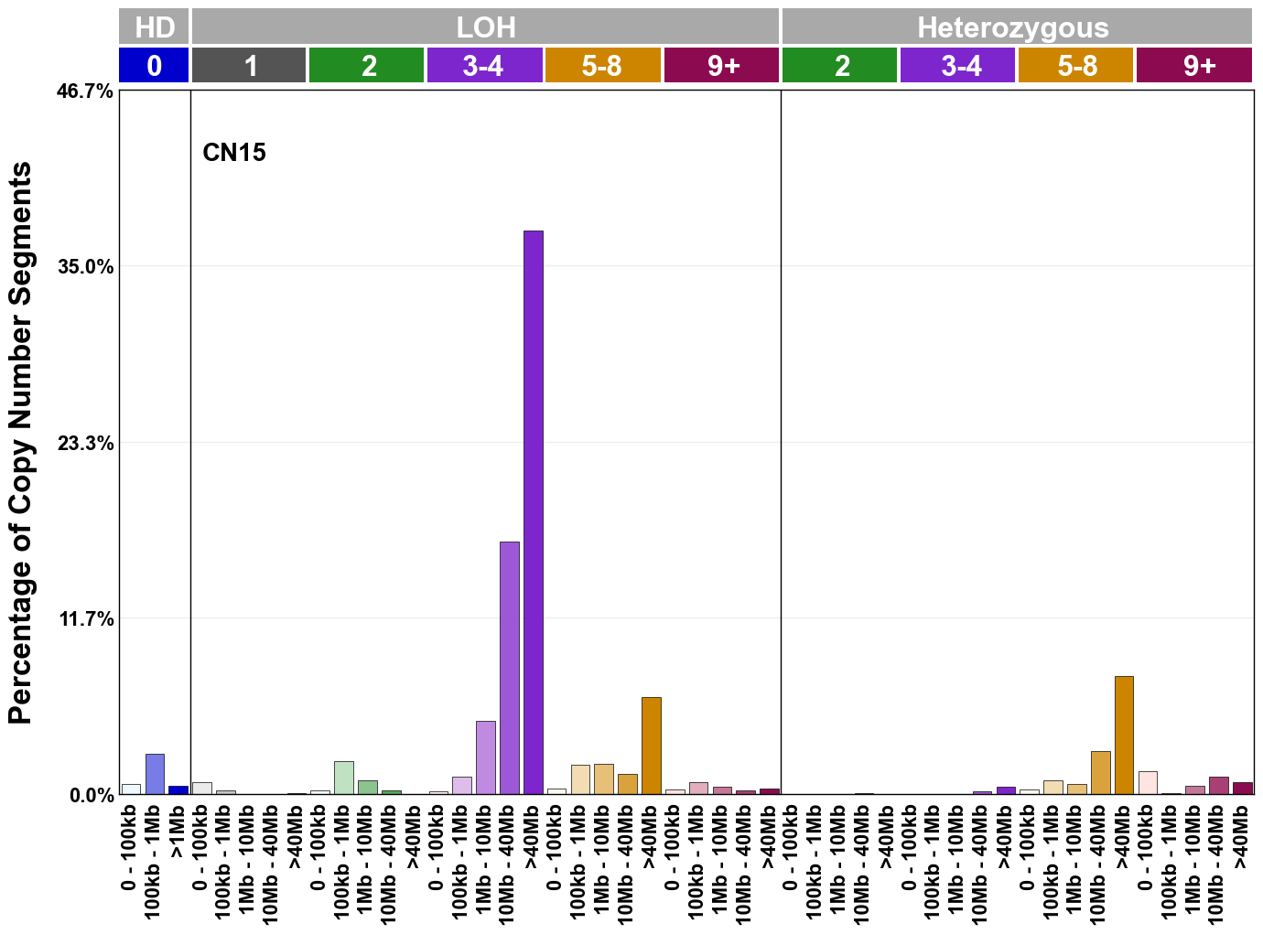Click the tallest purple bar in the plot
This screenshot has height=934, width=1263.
click(533, 512)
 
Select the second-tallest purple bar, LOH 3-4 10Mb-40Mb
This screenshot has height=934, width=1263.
click(510, 668)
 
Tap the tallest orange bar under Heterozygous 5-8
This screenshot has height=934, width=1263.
click(1124, 735)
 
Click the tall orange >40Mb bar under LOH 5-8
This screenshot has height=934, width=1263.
click(651, 746)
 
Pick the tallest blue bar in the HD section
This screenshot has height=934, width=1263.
click(155, 774)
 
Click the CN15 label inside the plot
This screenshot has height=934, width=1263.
click(234, 152)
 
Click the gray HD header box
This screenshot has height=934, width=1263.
click(154, 27)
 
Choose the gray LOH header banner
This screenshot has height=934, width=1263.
click(485, 27)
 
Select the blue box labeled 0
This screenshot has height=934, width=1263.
click(154, 66)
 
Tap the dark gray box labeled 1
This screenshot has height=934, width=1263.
click(249, 66)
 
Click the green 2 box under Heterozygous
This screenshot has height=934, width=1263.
click(839, 66)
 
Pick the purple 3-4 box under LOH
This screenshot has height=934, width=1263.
click(484, 66)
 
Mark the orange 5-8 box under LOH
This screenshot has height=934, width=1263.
click(602, 66)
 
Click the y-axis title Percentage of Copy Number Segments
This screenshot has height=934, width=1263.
click(20, 444)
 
